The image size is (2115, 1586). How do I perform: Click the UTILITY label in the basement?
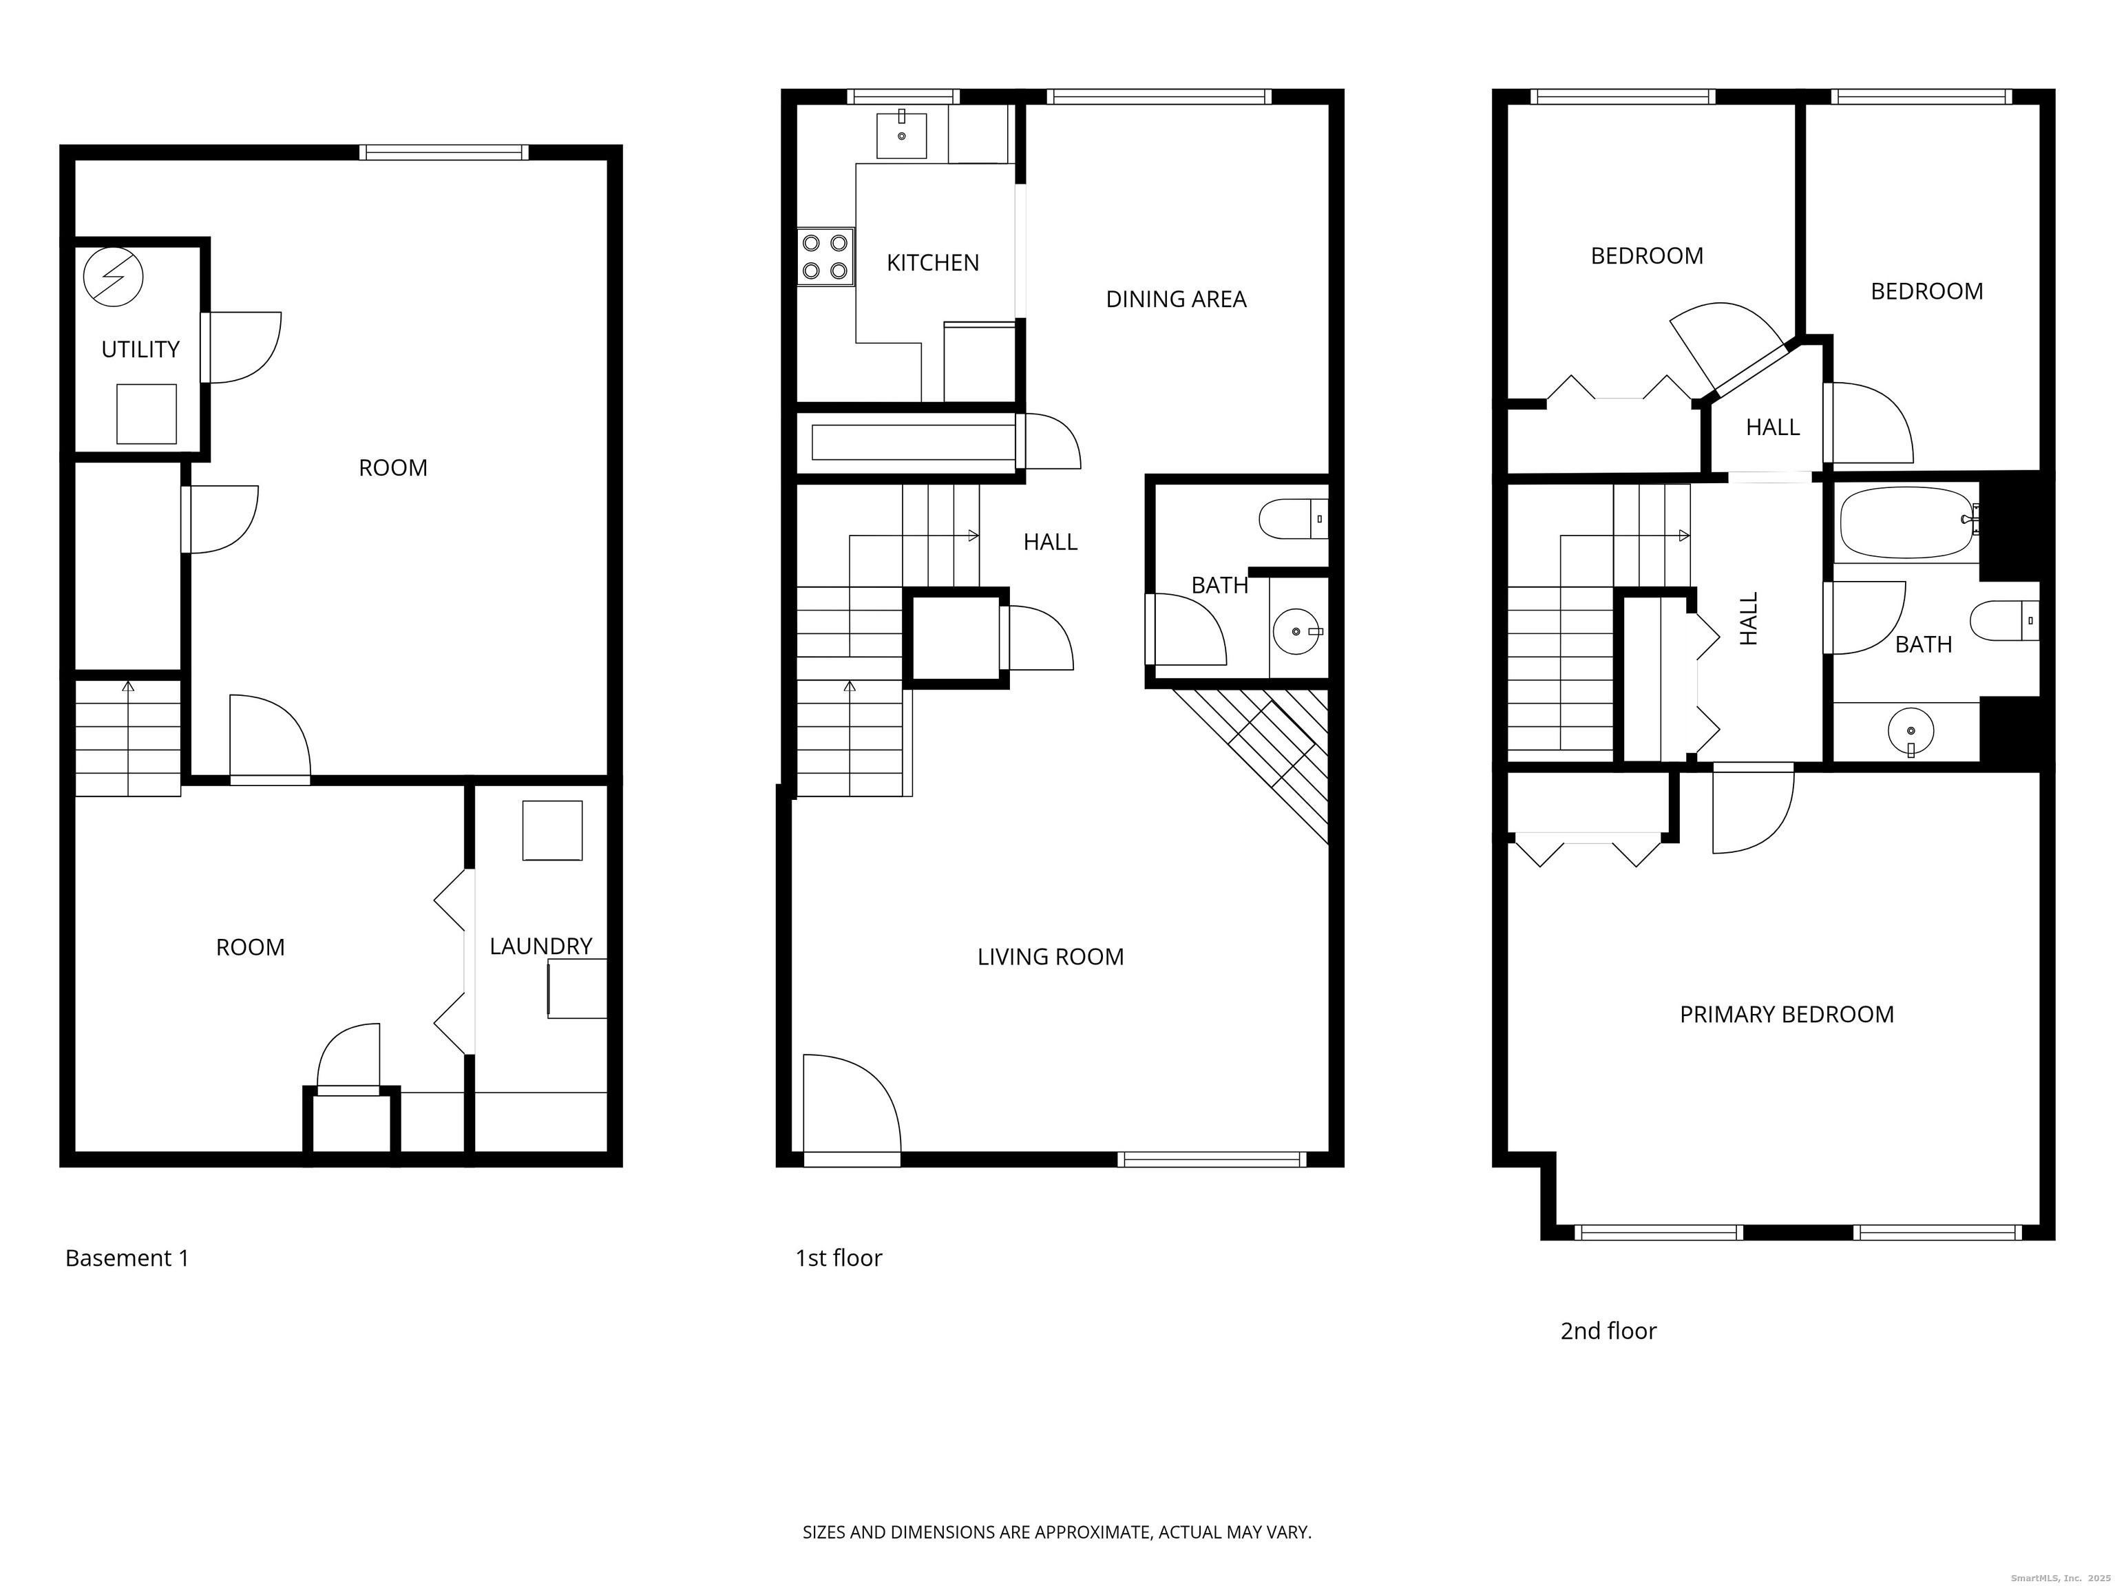[140, 350]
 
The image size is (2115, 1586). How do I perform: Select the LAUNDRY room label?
[540, 947]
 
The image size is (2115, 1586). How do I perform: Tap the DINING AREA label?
[1175, 299]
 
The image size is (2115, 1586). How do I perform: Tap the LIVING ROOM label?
[1050, 957]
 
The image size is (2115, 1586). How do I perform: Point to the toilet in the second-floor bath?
[2004, 620]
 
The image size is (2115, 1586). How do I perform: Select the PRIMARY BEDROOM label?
[1786, 1015]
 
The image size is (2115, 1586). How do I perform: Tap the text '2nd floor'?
[1608, 1331]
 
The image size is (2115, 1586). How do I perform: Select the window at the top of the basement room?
[443, 152]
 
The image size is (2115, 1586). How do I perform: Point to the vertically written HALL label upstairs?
[1749, 619]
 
